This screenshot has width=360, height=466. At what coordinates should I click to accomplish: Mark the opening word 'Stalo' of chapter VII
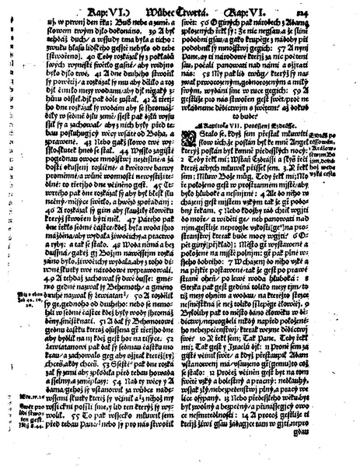coord(204,164)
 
